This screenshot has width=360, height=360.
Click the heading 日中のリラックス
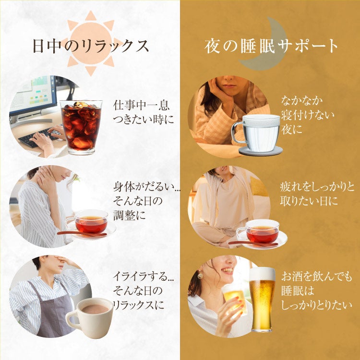(x=91, y=46)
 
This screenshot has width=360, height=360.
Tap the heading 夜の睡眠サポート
(x=271, y=46)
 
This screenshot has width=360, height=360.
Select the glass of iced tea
(x=81, y=128)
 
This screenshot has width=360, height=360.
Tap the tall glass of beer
(x=262, y=300)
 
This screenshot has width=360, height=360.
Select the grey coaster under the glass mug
(x=261, y=151)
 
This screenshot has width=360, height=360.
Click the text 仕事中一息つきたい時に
(x=143, y=112)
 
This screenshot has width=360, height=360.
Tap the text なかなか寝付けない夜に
(x=307, y=115)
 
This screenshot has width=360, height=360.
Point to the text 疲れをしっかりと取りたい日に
(x=317, y=194)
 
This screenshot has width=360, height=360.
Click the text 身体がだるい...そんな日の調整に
(x=147, y=201)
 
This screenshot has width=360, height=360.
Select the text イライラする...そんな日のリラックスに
(x=143, y=291)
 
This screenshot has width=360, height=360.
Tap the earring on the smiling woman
(x=200, y=274)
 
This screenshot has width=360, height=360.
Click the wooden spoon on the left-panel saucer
(x=82, y=234)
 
